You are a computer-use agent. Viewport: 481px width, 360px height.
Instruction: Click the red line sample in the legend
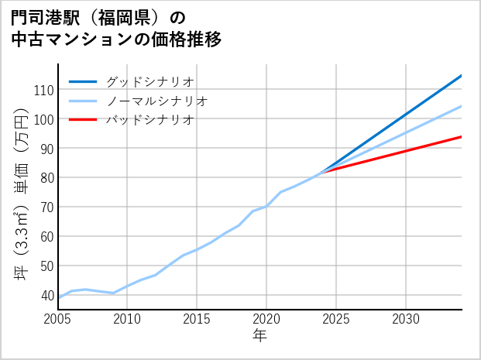(83, 120)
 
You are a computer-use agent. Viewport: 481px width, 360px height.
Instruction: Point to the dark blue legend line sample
(83, 81)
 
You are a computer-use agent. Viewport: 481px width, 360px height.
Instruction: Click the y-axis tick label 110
(43, 90)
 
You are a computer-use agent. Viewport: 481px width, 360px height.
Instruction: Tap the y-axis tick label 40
(46, 295)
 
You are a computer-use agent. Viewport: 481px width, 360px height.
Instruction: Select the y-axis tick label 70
(46, 207)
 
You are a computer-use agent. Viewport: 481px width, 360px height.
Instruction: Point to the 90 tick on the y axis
(46, 148)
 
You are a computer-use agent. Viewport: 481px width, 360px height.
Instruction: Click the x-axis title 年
(259, 337)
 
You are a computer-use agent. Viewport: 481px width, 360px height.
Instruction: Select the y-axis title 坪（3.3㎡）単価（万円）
(22, 194)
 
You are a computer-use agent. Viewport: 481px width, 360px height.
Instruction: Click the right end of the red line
(461, 137)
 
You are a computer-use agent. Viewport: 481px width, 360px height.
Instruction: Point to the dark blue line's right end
(461, 76)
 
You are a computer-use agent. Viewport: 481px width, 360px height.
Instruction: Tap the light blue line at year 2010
(127, 286)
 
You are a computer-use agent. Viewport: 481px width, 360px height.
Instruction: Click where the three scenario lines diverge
(322, 172)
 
